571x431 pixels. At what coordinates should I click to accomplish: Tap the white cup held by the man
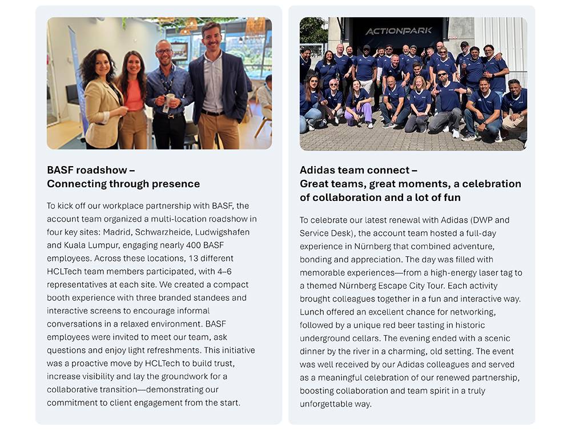point(169,99)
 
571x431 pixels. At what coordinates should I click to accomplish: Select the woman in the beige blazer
point(103,100)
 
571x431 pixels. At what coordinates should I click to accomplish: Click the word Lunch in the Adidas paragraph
point(312,312)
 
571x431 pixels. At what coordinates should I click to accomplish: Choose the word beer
point(408,325)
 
